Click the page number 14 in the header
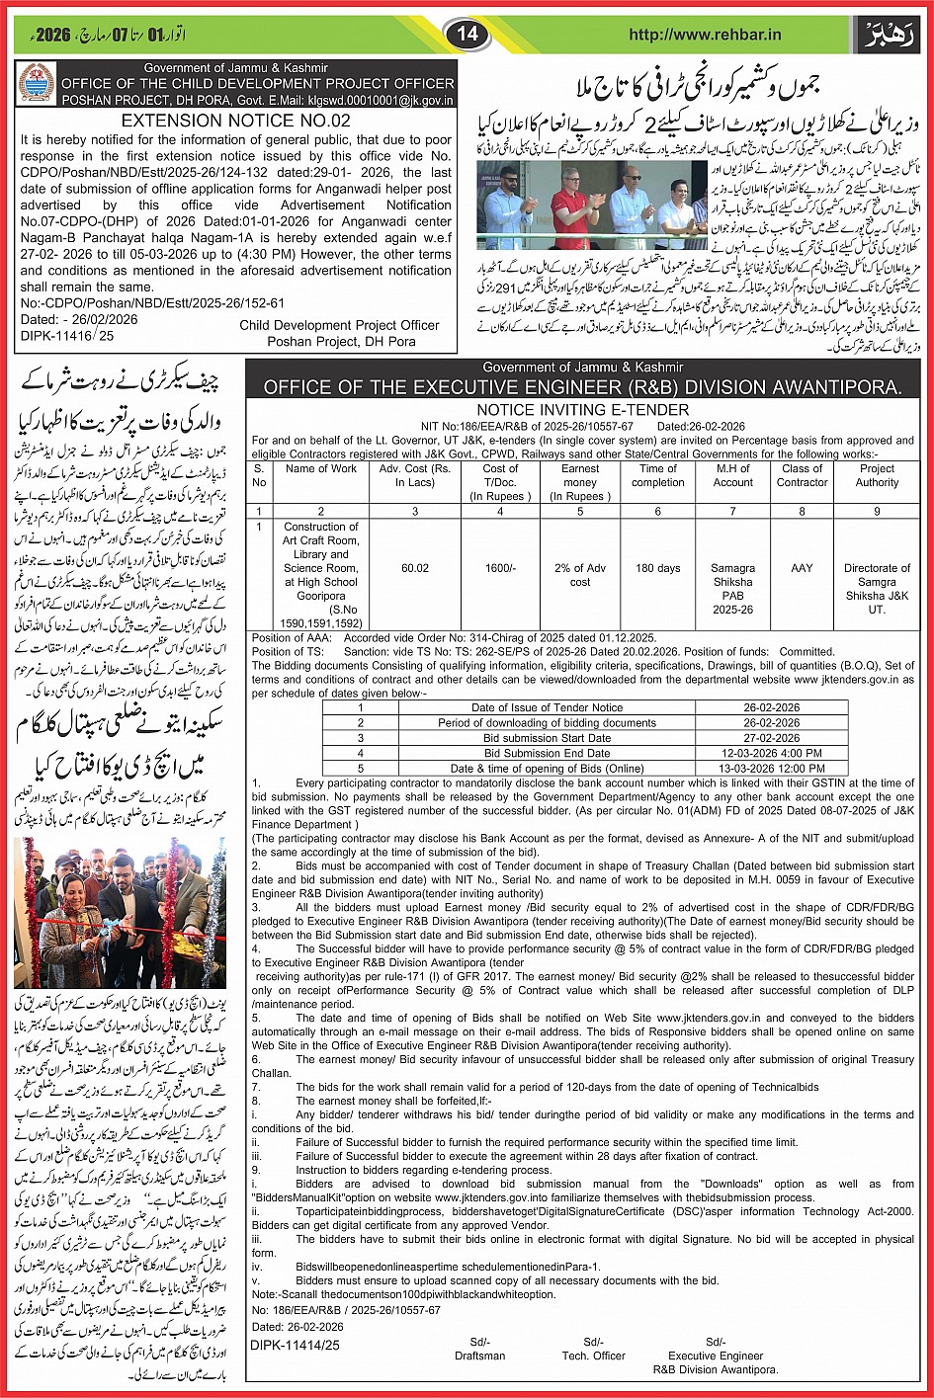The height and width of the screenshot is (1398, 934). click(467, 35)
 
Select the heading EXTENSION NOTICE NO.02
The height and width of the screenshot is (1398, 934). click(235, 121)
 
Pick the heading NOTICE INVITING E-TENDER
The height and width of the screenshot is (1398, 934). click(582, 409)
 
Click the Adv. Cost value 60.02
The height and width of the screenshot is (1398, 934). click(415, 568)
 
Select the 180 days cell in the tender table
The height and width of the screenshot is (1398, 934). click(657, 568)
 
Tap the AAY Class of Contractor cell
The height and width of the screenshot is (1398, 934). click(802, 568)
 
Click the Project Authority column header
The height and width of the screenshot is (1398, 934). click(877, 475)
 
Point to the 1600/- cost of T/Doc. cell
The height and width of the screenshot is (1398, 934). click(500, 568)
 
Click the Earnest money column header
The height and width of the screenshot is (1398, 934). click(580, 482)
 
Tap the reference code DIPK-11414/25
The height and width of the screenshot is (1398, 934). click(295, 1345)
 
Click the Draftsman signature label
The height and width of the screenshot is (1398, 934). click(480, 1356)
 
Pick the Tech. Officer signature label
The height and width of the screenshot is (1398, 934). click(593, 1356)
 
